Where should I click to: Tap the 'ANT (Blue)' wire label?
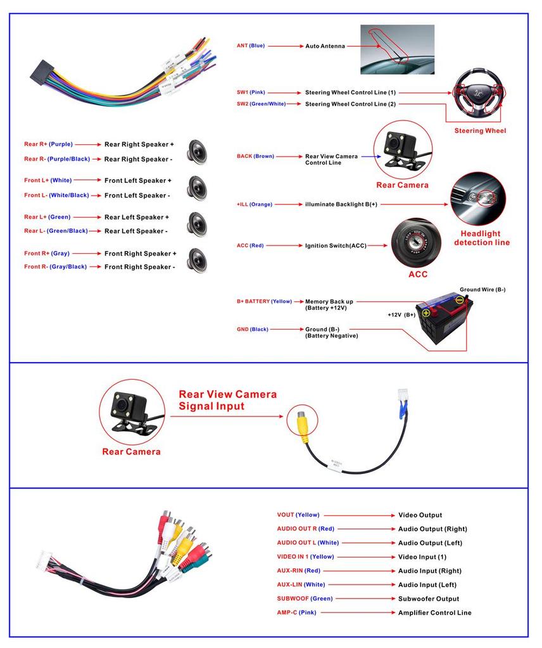coord(251,46)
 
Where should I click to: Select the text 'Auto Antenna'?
coord(325,46)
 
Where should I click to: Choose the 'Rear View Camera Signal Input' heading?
coord(227,400)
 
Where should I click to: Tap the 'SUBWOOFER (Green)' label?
coord(305,599)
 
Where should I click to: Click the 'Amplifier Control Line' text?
coord(434,613)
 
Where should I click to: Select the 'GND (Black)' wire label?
coord(253,329)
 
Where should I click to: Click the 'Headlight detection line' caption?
coord(481,238)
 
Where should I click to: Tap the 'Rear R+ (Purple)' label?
coord(49,144)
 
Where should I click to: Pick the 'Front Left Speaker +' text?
coord(138,180)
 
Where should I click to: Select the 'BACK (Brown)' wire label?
coord(255,156)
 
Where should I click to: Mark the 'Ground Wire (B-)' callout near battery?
coord(482,289)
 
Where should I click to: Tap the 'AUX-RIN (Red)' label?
coord(299,571)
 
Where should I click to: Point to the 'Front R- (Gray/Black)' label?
coord(56,267)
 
